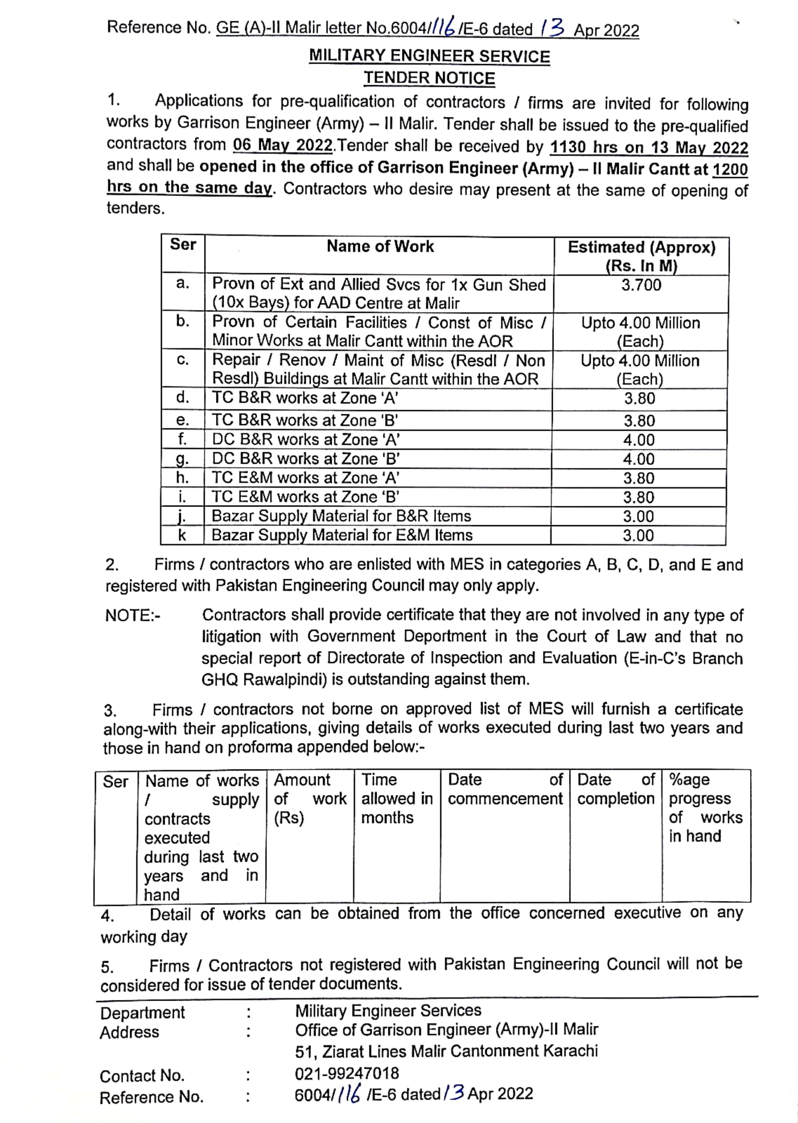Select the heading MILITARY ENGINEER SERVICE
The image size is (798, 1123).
pos(429,56)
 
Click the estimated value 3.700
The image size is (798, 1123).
pos(641,285)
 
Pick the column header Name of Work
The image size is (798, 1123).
pos(380,246)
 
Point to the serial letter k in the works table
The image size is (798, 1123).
pos(182,535)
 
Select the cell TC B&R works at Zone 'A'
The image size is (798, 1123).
pos(305,397)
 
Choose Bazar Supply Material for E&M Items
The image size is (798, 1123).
pos(342,535)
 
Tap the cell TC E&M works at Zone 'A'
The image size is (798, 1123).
pos(305,478)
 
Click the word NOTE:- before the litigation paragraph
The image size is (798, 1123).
pos(133,616)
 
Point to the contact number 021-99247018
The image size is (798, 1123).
pos(347,1074)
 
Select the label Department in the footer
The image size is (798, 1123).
pos(142,1013)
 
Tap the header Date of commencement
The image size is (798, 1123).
pos(505,789)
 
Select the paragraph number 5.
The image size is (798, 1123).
pos(107,967)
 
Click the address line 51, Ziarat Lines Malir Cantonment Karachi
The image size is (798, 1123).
pos(446,1051)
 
